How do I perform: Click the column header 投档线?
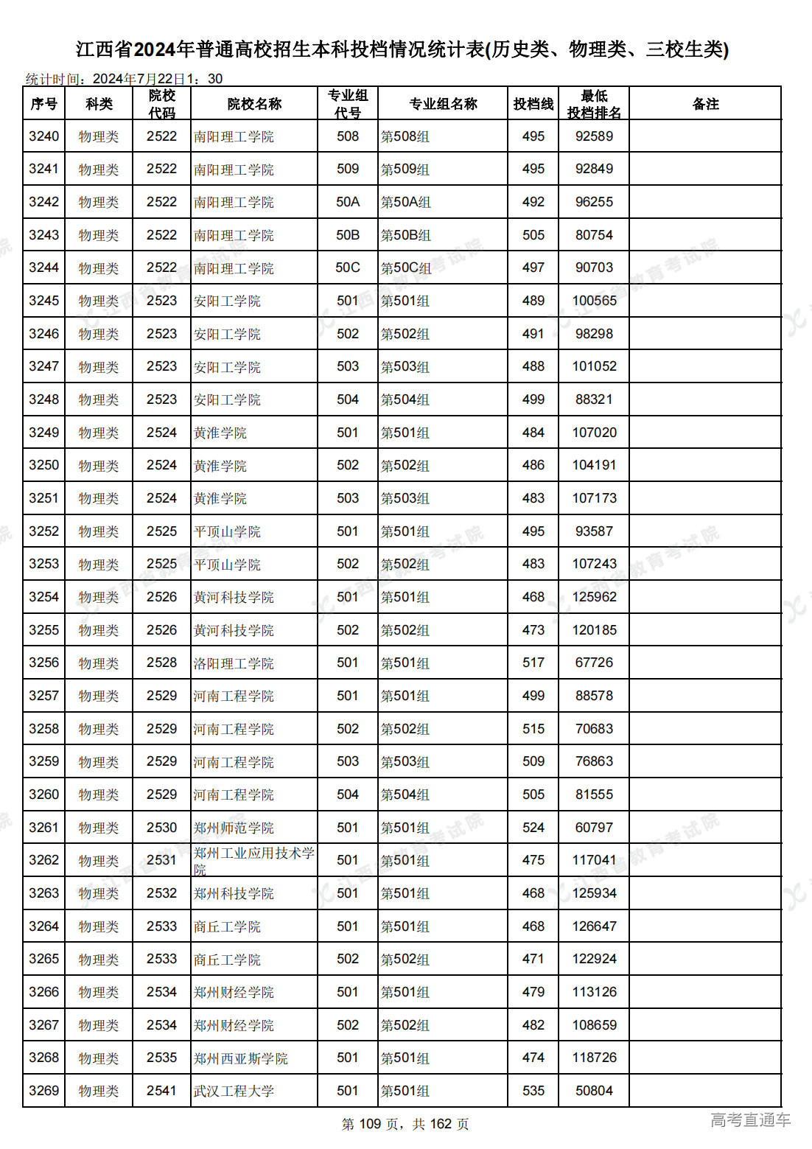point(533,104)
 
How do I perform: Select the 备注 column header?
point(704,104)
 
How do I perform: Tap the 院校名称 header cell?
point(254,104)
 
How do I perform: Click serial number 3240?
point(43,136)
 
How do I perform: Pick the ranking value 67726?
point(594,663)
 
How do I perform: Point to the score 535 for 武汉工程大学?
point(533,1091)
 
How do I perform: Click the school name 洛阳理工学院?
point(234,663)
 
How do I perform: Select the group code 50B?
point(348,235)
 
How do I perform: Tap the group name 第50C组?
point(405,268)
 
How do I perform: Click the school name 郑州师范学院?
point(234,828)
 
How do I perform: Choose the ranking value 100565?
point(594,301)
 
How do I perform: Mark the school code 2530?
point(161,828)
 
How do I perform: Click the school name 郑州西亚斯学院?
point(240,1058)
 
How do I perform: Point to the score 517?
point(533,663)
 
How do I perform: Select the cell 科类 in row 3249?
point(99,433)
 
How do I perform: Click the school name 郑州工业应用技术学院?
point(253,859)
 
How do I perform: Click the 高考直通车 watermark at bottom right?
point(750,1120)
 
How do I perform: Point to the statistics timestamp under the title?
point(124,79)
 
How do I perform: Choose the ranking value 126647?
point(594,926)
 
